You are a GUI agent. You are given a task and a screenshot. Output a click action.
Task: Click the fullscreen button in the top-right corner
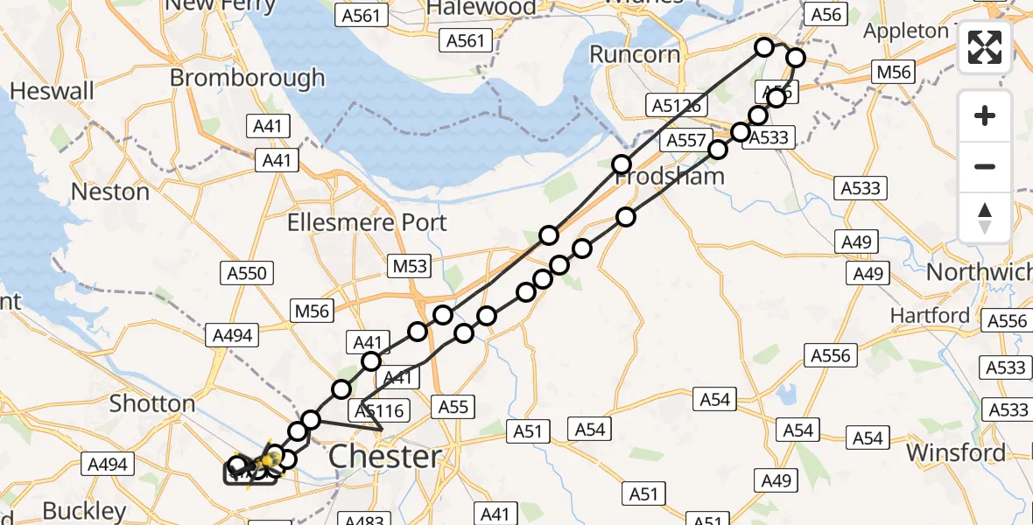point(985,47)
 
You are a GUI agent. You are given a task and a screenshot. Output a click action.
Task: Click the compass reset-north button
point(985,217)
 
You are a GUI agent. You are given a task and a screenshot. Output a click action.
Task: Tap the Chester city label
point(385,457)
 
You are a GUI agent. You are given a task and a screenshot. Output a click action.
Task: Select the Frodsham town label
point(671,177)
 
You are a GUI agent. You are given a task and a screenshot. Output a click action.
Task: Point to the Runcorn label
point(635,54)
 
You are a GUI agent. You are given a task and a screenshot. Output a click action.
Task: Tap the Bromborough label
point(247,78)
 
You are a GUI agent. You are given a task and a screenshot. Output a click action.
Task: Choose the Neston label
point(110,192)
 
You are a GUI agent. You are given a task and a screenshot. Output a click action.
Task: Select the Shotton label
point(151,403)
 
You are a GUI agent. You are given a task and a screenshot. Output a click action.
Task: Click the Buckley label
point(84,511)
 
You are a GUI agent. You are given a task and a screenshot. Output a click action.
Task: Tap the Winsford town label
point(956,453)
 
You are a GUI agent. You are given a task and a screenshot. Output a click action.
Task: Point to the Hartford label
point(930,315)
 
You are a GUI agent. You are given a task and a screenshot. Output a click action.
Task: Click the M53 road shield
point(409,264)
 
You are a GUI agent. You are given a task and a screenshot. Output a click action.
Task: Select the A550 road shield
point(245,273)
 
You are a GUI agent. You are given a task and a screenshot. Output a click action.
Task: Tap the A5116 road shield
point(379,409)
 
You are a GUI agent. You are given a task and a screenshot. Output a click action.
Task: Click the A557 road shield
point(686,140)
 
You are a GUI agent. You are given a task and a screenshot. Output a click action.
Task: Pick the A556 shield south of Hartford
point(830,355)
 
